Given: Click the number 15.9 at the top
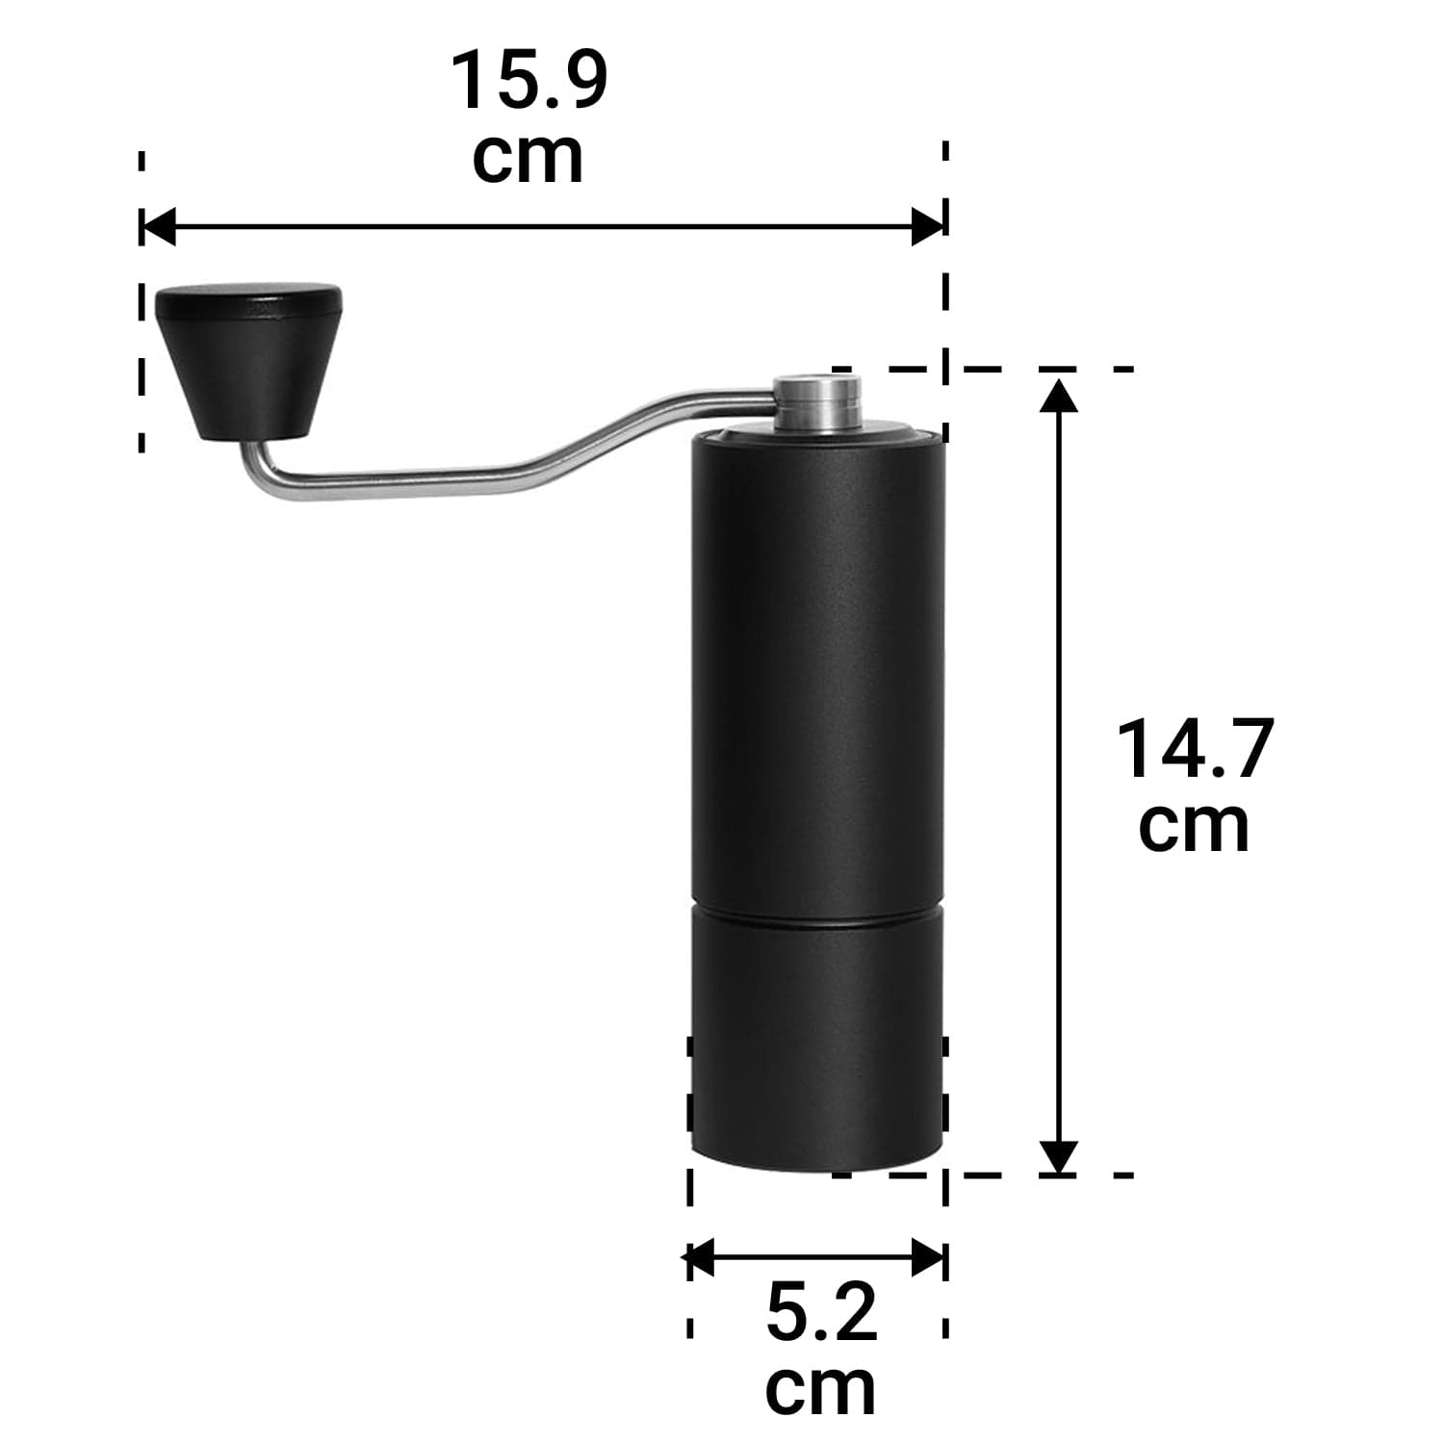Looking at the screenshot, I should (529, 81).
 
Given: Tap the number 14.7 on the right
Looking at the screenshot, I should (1195, 749).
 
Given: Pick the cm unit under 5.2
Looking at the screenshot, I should (821, 1387).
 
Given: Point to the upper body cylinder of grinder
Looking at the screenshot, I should (816, 674).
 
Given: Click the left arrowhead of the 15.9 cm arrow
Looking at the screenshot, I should (157, 228).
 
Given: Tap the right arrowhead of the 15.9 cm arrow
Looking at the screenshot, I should (930, 228).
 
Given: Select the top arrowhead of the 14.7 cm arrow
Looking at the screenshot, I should (1059, 395).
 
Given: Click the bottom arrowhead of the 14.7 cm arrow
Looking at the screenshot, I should (1059, 1155).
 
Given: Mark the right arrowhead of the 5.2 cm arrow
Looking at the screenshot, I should (930, 1257).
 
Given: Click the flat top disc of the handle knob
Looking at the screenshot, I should (248, 301).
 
